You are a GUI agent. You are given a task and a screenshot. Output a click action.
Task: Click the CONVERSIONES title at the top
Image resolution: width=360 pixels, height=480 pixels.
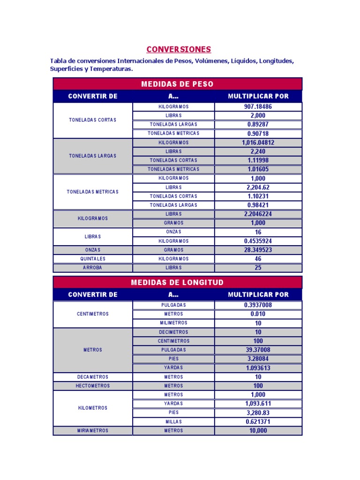[179, 49]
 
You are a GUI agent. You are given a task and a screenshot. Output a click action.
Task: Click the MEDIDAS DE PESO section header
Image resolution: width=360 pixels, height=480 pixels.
[177, 84]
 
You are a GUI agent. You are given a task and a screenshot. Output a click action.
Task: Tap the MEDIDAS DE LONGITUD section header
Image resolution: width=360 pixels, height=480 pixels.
[177, 282]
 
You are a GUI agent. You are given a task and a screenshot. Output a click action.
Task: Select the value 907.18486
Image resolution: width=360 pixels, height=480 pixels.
[258, 107]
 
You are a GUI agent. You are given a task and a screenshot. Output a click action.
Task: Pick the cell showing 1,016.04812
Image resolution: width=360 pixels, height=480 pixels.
[258, 142]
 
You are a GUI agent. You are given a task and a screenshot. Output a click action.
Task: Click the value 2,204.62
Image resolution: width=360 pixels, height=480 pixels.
[258, 187]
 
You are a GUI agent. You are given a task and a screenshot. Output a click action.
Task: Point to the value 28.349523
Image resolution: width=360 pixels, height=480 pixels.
[258, 250]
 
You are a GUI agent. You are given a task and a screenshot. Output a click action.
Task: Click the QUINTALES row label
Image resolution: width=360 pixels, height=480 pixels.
[93, 259]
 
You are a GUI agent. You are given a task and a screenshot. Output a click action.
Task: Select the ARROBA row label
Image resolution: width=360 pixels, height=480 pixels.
[93, 268]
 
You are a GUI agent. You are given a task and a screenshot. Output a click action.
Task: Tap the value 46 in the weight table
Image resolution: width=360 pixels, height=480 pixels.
[258, 259]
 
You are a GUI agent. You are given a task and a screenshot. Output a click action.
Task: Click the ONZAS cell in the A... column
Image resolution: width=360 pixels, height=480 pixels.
[173, 232]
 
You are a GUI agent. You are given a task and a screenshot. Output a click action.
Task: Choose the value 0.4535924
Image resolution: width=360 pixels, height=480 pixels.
[258, 241]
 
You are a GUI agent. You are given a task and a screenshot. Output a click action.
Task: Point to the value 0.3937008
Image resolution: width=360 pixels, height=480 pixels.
[258, 305]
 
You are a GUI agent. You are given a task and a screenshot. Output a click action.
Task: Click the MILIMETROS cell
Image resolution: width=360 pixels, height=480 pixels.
[173, 323]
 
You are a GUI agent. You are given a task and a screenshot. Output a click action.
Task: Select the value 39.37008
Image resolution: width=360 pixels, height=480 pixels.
[258, 350]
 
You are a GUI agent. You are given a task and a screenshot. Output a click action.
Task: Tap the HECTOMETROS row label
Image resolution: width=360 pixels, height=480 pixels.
[93, 386]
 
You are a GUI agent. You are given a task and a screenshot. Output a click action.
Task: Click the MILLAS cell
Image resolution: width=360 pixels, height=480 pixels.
[173, 421]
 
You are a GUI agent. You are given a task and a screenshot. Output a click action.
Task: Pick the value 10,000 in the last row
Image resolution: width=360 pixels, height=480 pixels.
[258, 431]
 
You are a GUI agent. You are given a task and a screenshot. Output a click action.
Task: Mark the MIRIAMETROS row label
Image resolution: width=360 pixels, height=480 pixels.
[93, 431]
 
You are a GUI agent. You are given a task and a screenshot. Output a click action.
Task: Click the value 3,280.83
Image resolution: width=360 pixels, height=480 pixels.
[258, 412]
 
